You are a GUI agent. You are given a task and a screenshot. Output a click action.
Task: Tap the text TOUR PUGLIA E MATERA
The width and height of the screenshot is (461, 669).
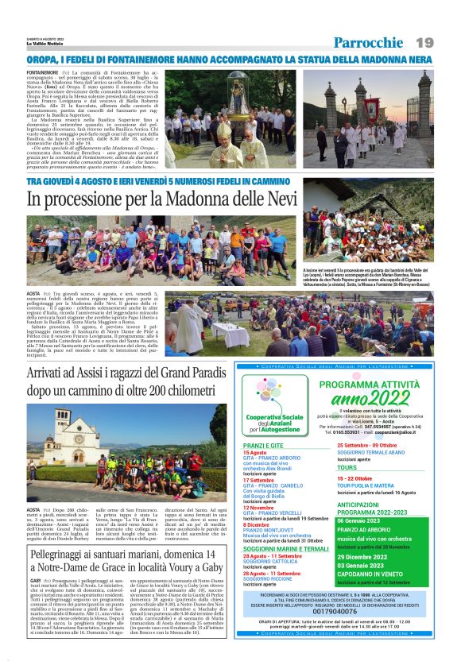370,486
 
